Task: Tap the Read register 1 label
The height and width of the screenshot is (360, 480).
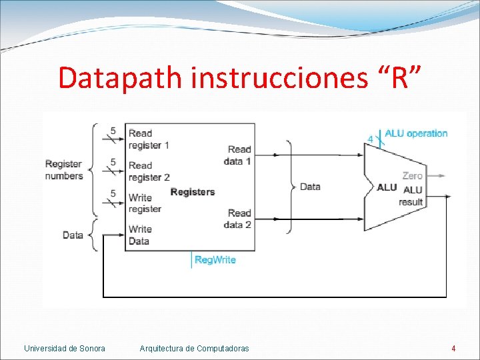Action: point(149,139)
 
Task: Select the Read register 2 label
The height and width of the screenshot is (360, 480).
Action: point(149,171)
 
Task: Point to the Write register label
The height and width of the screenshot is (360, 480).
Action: point(145,203)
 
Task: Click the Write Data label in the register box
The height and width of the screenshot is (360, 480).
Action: point(140,235)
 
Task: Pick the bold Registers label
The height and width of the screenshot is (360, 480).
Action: point(193,192)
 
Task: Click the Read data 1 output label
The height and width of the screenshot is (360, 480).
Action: point(238,155)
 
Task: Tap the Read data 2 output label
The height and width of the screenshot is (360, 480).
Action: point(238,219)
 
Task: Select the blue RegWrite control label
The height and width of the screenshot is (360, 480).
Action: point(215,259)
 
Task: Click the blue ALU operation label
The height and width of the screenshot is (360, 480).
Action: point(416,133)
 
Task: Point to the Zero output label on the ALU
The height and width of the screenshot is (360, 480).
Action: point(412,176)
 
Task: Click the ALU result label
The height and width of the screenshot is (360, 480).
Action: point(411,196)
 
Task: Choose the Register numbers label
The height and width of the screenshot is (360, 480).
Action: point(64,170)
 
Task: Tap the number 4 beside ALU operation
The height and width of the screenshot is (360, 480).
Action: point(371,139)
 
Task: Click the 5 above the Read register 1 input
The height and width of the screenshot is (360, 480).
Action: point(113,131)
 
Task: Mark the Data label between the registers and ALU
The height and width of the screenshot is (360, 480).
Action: point(310,187)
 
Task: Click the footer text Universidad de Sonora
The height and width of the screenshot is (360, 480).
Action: point(65,348)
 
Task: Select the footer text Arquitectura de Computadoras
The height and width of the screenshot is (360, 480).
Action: point(195,348)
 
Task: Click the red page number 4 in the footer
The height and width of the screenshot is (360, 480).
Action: point(453,348)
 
